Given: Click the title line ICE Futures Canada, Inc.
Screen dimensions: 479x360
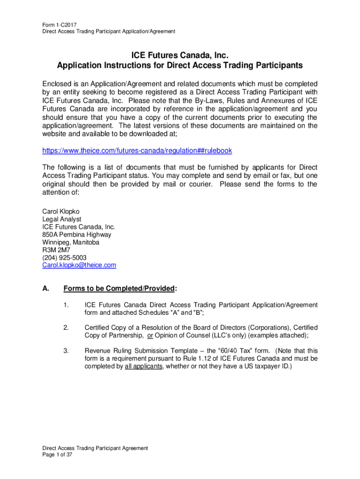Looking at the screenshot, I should pos(180,56).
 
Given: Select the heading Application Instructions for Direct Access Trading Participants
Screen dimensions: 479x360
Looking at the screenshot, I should pos(180,65).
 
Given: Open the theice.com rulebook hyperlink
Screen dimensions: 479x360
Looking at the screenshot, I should pos(137,151).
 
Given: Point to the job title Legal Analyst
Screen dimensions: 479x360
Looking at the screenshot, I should pos(62,219).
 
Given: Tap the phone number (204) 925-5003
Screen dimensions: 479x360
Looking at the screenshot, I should pos(65,258).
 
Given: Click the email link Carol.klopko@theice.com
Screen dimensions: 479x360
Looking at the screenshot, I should pos(79,265).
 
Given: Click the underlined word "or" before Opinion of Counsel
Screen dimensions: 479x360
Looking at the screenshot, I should pos(151,335).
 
